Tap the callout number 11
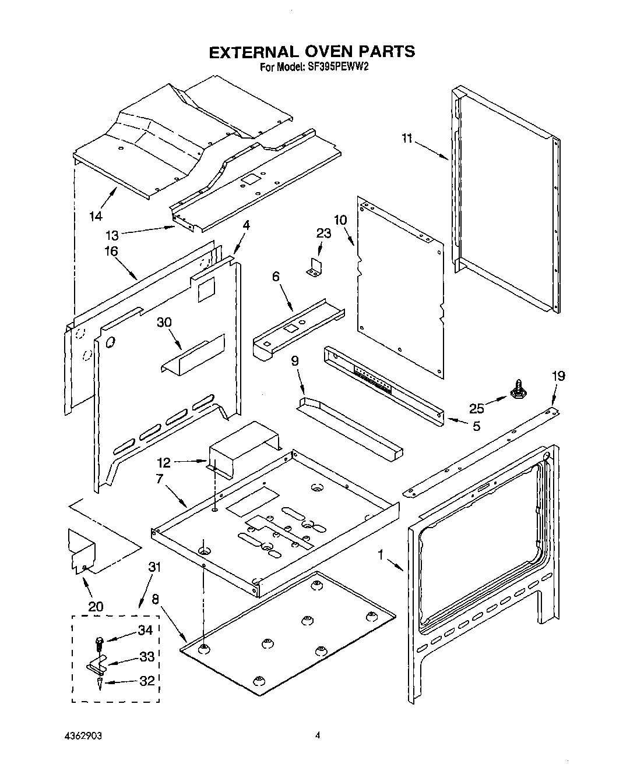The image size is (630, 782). pyautogui.click(x=407, y=138)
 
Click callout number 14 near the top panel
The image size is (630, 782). pyautogui.click(x=96, y=216)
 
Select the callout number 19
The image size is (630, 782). pyautogui.click(x=558, y=376)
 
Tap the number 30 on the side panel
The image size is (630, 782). pyautogui.click(x=165, y=322)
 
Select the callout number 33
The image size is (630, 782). pyautogui.click(x=146, y=657)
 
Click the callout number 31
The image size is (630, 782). pyautogui.click(x=154, y=566)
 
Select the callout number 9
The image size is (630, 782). pyautogui.click(x=295, y=361)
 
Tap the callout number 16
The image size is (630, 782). pyautogui.click(x=111, y=251)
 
